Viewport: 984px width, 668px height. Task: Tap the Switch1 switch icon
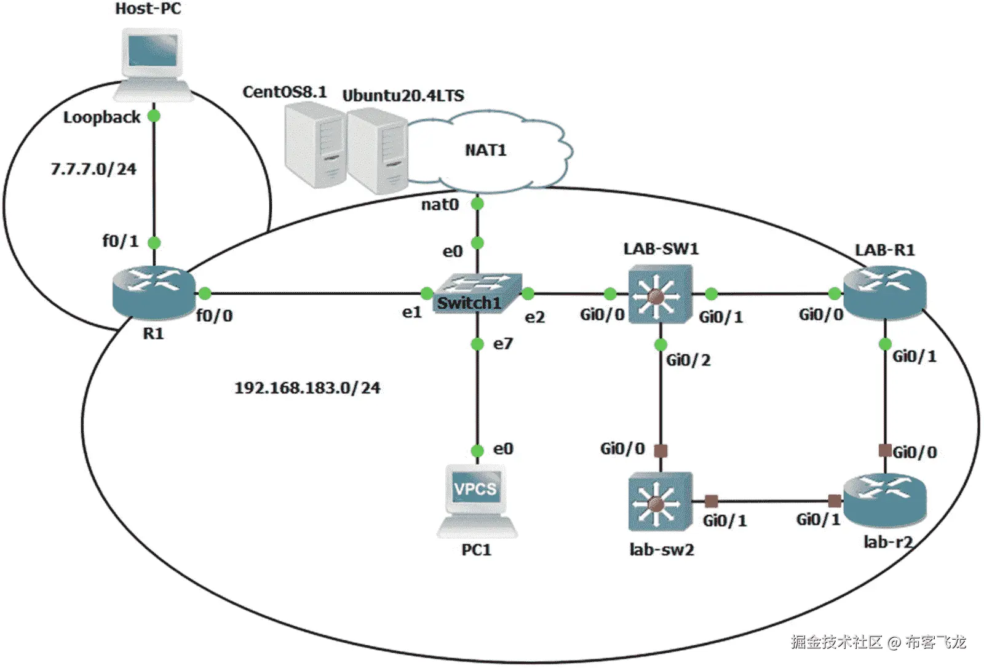(477, 293)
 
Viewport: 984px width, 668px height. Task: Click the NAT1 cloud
(486, 150)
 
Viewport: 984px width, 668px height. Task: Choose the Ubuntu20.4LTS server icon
(376, 151)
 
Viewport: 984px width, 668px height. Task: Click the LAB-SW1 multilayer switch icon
(660, 294)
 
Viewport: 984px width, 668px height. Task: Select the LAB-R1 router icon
(884, 293)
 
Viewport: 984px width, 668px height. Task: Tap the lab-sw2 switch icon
(660, 501)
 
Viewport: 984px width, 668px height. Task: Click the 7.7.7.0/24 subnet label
(93, 169)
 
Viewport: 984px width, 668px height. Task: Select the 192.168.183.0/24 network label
(307, 388)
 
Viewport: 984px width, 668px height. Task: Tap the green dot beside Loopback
(154, 116)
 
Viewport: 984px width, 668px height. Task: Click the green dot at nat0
(477, 204)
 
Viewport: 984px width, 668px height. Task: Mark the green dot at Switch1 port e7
(477, 344)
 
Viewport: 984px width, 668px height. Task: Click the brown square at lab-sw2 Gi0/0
(661, 451)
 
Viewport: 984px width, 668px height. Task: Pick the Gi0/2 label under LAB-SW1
(688, 360)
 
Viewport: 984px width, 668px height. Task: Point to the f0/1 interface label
(120, 241)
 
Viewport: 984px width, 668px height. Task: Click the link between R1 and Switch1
(314, 293)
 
